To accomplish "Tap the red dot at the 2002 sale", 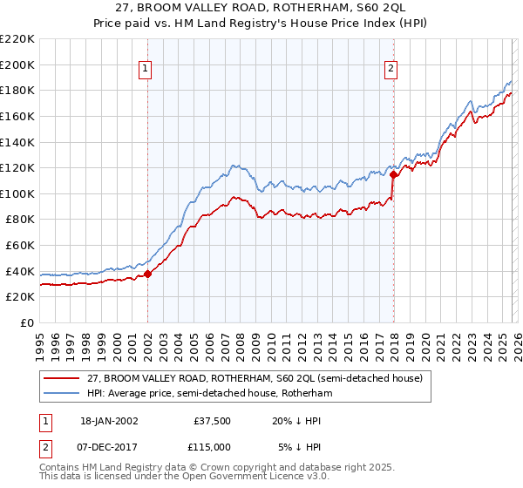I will coord(147,274).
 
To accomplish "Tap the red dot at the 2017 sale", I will coord(394,174).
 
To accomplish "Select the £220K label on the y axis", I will coord(17,39).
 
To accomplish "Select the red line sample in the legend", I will coord(61,378).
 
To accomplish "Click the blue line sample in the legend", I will coord(61,393).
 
